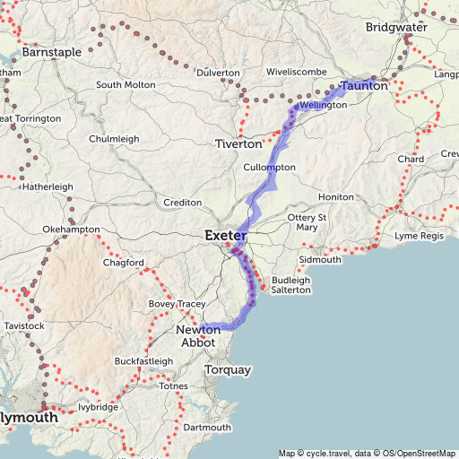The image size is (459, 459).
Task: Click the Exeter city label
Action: pyautogui.click(x=225, y=236)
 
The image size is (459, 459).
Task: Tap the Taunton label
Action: pyautogui.click(x=365, y=86)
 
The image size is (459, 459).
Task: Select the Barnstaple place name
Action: pyautogui.click(x=51, y=52)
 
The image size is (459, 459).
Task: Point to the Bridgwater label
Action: pyautogui.click(x=396, y=28)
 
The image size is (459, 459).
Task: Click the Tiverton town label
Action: pyautogui.click(x=238, y=143)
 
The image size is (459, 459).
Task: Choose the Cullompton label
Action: pyautogui.click(x=269, y=168)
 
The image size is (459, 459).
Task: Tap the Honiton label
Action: pyautogui.click(x=336, y=197)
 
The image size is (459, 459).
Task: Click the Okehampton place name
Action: pyautogui.click(x=71, y=230)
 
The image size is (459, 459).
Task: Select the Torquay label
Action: pyautogui.click(x=229, y=369)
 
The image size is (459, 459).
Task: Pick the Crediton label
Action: pyautogui.click(x=183, y=203)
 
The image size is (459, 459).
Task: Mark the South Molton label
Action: pyautogui.click(x=126, y=85)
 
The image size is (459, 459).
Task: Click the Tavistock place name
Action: pyautogui.click(x=23, y=325)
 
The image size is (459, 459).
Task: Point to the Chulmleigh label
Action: pyautogui.click(x=114, y=139)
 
